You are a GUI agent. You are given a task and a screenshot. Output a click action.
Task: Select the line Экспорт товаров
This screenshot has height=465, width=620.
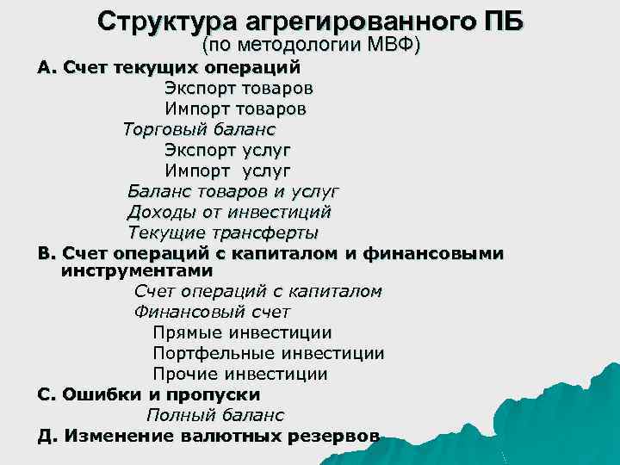(x=239, y=88)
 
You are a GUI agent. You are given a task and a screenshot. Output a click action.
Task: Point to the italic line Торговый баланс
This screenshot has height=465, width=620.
(x=199, y=130)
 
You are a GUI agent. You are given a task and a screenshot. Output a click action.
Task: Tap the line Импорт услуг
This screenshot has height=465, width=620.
(x=227, y=170)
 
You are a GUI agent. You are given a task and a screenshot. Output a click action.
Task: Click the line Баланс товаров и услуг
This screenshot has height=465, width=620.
(x=232, y=190)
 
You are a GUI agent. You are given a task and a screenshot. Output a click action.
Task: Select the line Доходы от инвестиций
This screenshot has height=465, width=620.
(x=229, y=211)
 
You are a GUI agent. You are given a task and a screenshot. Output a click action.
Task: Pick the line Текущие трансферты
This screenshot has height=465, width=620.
(x=223, y=232)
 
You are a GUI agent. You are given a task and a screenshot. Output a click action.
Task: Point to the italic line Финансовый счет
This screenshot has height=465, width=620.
(x=212, y=312)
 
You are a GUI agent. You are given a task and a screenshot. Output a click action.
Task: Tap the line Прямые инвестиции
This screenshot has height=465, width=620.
(x=242, y=332)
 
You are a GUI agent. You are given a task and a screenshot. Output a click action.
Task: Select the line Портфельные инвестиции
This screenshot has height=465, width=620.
(x=268, y=353)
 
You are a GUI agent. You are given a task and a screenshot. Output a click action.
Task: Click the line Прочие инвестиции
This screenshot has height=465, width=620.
(x=239, y=374)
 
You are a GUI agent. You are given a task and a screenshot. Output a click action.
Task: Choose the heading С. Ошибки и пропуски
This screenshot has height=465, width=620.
(x=149, y=394)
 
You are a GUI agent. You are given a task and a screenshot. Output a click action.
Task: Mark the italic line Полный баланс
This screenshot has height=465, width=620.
(x=214, y=415)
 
